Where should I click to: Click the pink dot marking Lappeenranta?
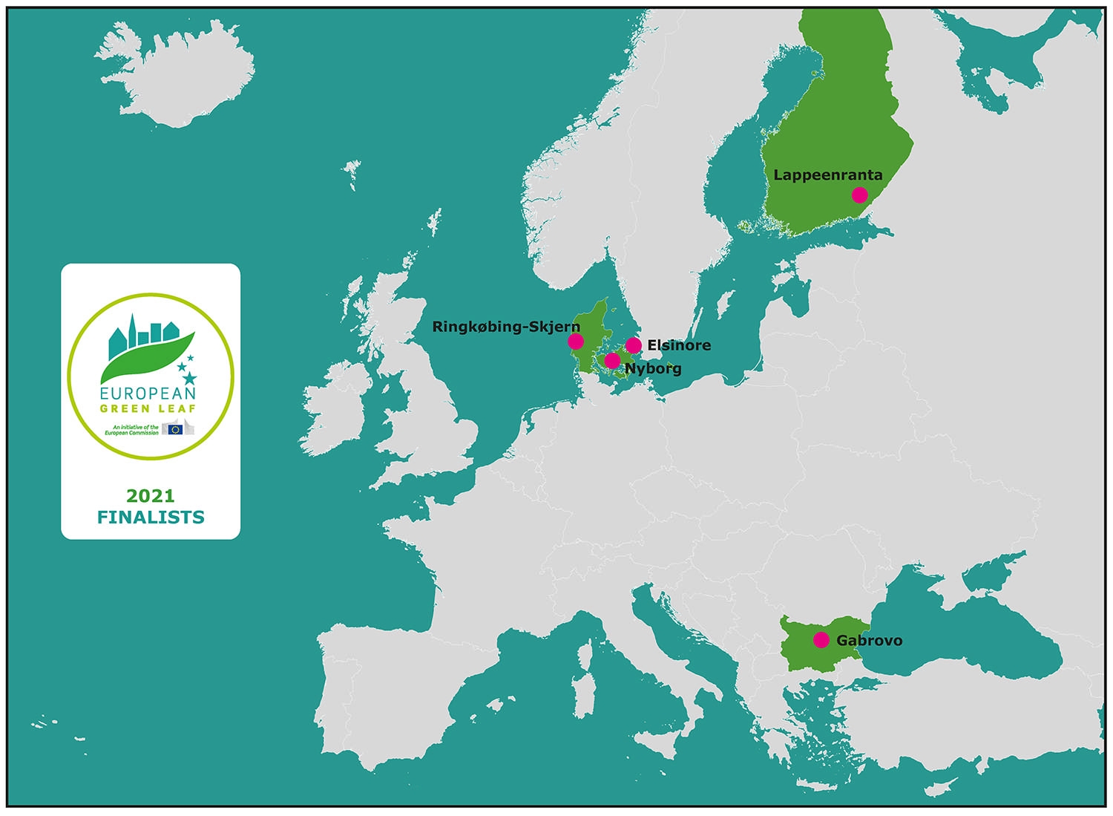(859, 195)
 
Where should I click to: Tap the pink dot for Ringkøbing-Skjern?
(576, 342)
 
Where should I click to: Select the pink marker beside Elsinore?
(634, 345)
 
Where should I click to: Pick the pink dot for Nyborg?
(612, 361)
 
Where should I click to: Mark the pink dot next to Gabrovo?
(821, 640)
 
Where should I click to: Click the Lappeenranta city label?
(828, 175)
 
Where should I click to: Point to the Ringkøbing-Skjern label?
(506, 327)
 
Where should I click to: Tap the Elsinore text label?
(679, 345)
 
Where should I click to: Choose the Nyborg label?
(653, 368)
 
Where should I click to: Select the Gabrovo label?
(869, 640)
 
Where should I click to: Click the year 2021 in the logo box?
(151, 495)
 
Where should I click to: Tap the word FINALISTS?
(151, 518)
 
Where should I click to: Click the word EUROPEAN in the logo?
(148, 394)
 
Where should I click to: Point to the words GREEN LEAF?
(148, 408)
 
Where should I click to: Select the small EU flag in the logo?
(176, 428)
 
